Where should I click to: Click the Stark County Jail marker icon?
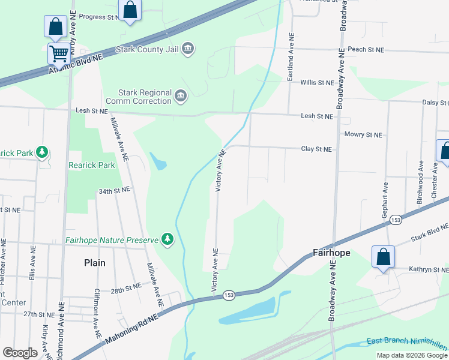(x=188, y=48)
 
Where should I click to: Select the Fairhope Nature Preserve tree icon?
(x=167, y=241)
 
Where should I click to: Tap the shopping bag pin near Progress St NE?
(x=130, y=10)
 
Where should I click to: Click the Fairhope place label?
(x=331, y=253)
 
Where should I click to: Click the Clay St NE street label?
(x=316, y=149)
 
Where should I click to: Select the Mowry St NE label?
(x=363, y=135)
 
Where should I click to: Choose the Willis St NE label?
(x=317, y=82)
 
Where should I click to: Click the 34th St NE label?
(x=114, y=190)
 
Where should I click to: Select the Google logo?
(x=20, y=353)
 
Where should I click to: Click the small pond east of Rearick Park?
(x=158, y=161)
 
